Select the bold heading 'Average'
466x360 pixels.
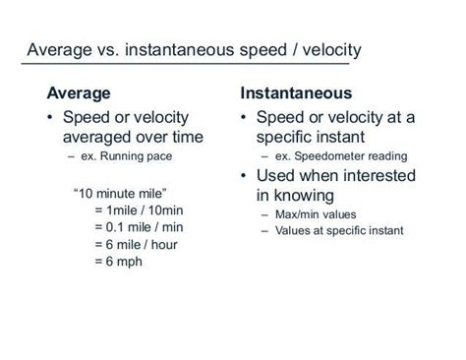pyautogui.click(x=80, y=94)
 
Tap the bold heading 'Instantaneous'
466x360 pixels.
pyautogui.click(x=296, y=94)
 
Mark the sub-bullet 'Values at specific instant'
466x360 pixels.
pyautogui.click(x=337, y=231)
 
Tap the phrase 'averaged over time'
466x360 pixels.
pyautogui.click(x=128, y=137)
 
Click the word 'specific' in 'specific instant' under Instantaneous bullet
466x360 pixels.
pyautogui.click(x=290, y=137)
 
